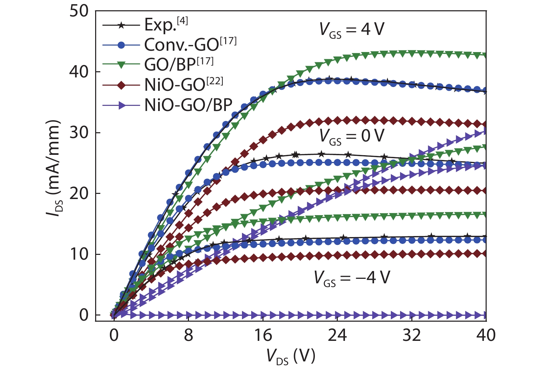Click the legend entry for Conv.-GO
190,45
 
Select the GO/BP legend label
179,64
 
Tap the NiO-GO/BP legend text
188,105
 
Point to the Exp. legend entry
166,24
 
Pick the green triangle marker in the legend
121,65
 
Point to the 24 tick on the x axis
337,335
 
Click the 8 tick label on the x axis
188,335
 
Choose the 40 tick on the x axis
486,335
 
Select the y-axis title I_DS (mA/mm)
54,168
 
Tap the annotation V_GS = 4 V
352,30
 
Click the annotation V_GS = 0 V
352,136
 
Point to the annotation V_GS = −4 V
352,278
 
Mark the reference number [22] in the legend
215,81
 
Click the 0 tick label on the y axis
84,315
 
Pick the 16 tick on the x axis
263,335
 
